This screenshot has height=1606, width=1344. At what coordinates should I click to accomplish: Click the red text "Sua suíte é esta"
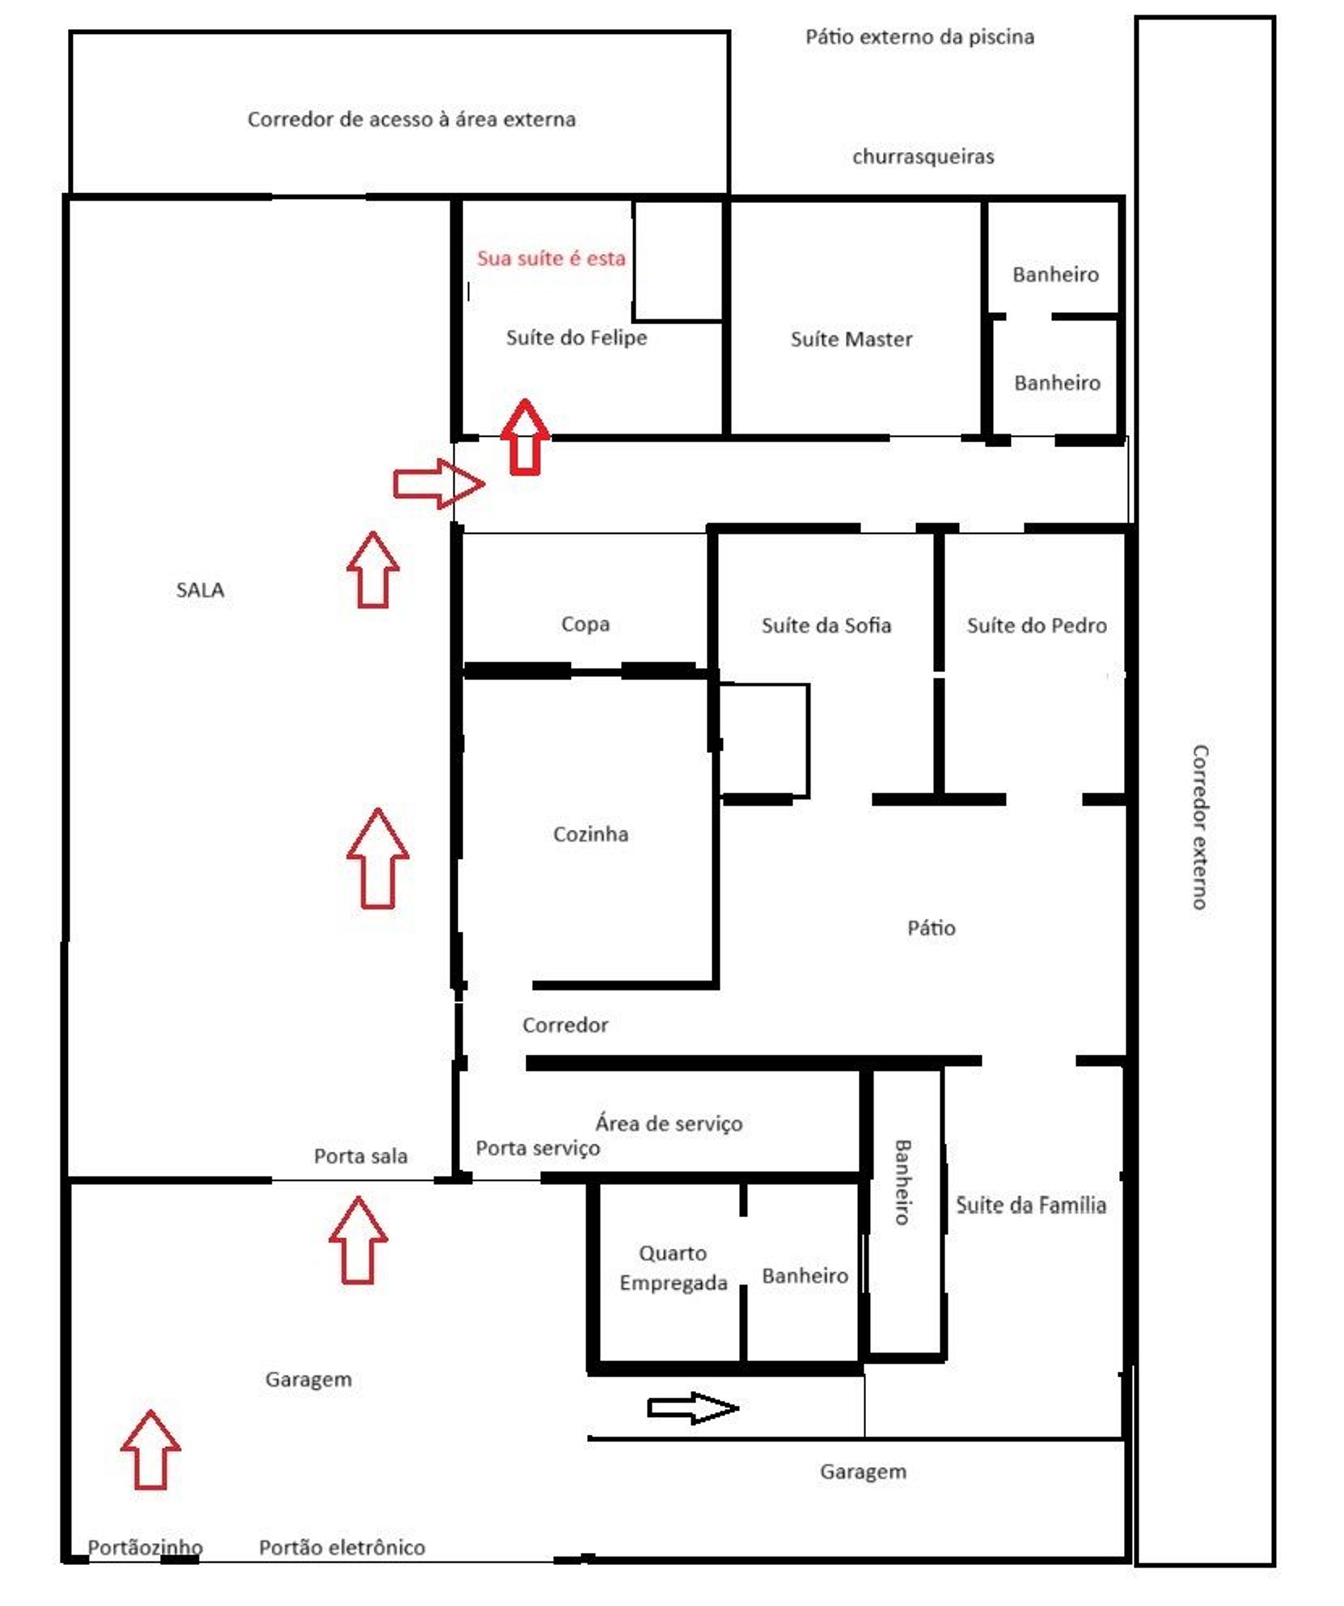coord(551,258)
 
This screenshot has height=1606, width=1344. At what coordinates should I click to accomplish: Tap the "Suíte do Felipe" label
coord(577,338)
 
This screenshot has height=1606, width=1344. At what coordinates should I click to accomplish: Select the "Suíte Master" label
coord(851,340)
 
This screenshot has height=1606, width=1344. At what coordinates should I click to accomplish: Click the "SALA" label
coord(199,589)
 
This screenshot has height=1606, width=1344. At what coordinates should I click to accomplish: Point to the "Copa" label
coord(585,624)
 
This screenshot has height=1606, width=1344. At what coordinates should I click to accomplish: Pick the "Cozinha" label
coord(590,833)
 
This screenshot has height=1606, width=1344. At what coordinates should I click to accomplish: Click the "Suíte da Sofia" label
coord(825,625)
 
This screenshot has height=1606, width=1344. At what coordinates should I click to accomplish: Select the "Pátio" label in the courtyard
coord(930,928)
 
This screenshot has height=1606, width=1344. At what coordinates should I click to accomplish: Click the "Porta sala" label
coord(360,1155)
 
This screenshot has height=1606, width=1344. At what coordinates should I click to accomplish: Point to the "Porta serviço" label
coord(538,1148)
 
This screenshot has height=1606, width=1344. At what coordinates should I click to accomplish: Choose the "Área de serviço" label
coord(668,1123)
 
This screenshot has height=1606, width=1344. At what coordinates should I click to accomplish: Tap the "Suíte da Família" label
coord(1031,1206)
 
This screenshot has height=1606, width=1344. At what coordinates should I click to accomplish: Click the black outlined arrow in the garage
coord(693,1408)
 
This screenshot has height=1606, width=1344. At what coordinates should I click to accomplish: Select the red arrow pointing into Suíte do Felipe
coord(524,437)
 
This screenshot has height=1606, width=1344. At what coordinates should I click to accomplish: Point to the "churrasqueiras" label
coord(922,157)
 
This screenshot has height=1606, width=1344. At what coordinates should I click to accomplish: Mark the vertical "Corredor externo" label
coord(1200,828)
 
